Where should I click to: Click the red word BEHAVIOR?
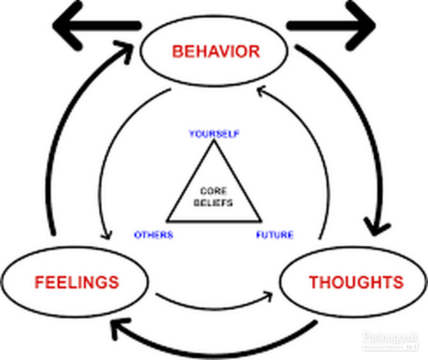click(x=216, y=51)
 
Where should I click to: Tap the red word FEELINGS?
click(x=77, y=282)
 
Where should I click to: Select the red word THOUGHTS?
click(x=356, y=282)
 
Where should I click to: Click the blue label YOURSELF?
click(x=214, y=134)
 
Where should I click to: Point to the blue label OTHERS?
click(x=154, y=235)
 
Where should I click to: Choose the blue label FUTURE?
click(x=275, y=235)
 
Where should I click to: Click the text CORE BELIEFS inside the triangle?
click(x=213, y=197)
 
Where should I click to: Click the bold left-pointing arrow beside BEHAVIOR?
click(x=97, y=26)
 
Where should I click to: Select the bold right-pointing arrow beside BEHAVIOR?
click(x=331, y=26)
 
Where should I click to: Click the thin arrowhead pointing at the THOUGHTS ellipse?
click(x=268, y=296)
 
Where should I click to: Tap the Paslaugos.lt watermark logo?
click(x=390, y=337)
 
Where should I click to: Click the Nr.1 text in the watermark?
click(x=412, y=347)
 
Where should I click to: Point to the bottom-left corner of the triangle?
click(x=167, y=220)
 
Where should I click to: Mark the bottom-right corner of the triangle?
click(x=261, y=220)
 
